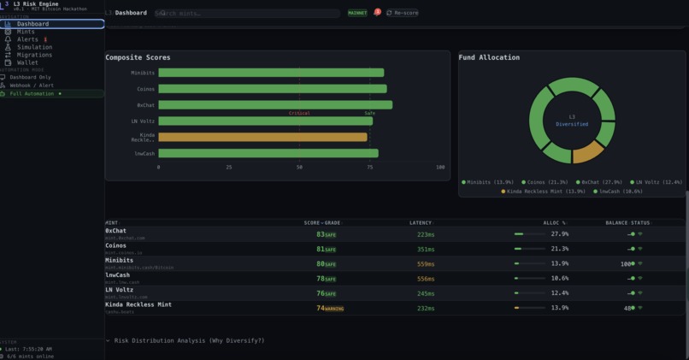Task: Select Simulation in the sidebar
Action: pos(34,47)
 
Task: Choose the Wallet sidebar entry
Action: pos(27,62)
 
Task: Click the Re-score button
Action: pos(402,13)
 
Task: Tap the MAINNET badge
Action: pos(357,13)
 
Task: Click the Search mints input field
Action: pos(248,13)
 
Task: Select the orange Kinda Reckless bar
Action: pos(262,137)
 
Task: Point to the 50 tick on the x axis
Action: pos(299,168)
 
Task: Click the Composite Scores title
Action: pos(138,57)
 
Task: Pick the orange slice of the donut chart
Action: pos(586,152)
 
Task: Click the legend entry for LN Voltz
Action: pos(659,182)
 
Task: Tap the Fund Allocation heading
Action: pos(489,57)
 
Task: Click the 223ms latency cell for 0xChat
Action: pos(426,234)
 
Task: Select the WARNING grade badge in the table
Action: pos(333,309)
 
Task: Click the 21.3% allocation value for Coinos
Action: pos(560,249)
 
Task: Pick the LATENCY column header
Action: pos(421,223)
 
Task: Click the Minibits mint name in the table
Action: pos(119,261)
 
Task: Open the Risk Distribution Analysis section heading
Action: pos(188,340)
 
